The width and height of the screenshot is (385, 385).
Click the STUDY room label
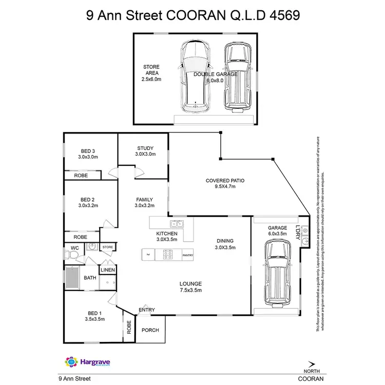145,148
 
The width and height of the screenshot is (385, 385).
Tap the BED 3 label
88,150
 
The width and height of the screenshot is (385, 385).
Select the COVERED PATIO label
224,181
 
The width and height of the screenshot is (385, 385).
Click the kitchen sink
177,223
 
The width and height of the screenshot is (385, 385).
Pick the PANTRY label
187,255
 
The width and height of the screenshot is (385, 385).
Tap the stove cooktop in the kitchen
167,254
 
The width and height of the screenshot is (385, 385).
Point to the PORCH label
150,330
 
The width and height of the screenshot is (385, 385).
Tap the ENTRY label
147,310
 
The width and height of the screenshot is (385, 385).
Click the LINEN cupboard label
108,270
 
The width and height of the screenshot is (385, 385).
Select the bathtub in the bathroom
73,278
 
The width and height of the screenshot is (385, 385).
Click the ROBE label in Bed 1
129,328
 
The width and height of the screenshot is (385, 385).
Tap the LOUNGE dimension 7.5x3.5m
190,291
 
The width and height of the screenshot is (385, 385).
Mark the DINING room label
225,241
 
